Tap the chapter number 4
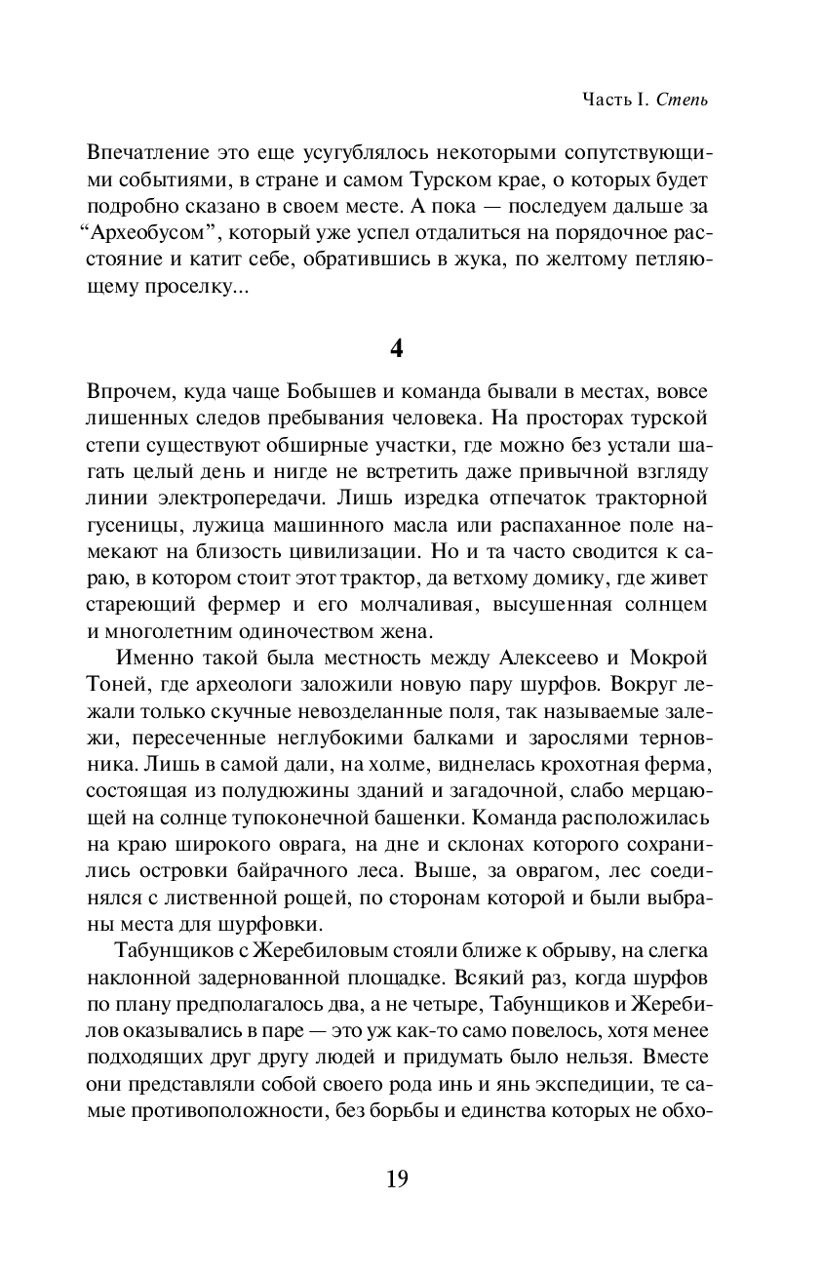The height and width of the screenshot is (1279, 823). point(396,349)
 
